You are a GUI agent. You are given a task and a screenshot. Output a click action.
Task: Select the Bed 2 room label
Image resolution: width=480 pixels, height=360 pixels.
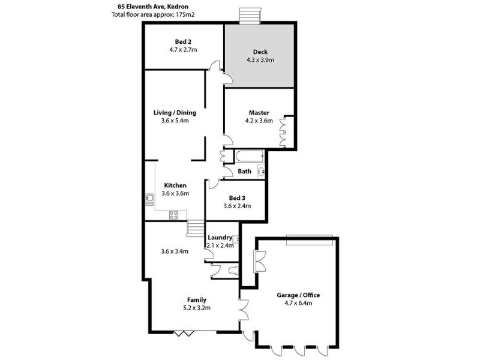click(x=183, y=41)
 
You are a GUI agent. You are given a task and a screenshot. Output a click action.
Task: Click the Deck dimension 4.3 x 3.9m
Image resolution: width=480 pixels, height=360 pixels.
click(x=260, y=60)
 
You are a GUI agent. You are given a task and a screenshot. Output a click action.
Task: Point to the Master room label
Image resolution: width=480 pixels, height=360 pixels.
click(x=259, y=112)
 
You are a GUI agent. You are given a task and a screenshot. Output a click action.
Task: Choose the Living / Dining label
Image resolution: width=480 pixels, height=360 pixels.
click(x=175, y=112)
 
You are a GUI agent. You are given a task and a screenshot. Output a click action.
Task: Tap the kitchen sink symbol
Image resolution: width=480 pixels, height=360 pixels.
click(x=150, y=198)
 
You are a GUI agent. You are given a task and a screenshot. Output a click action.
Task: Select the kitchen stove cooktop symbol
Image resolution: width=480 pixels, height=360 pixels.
click(x=174, y=214)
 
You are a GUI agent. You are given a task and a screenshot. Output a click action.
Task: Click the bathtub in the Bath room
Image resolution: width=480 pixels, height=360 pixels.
click(x=249, y=157)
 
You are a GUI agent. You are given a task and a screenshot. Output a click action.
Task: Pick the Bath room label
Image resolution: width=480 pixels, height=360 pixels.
click(x=245, y=171)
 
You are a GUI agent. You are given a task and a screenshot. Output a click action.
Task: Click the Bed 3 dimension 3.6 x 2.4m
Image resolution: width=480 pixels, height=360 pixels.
click(x=237, y=206)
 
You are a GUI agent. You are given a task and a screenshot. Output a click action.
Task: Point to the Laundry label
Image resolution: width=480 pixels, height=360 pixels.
click(x=220, y=238)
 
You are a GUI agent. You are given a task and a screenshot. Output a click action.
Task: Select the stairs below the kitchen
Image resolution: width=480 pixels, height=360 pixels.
click(x=196, y=229)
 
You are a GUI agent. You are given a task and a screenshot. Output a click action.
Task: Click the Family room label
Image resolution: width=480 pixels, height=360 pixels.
click(x=197, y=299)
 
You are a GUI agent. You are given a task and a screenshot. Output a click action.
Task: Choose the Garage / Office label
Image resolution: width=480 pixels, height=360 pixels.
click(x=298, y=295)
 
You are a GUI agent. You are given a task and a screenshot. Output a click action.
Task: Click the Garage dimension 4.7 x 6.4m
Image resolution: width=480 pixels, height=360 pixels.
click(x=298, y=304)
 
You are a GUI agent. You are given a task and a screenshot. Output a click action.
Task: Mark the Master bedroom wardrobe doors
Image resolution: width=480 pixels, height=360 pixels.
click(x=289, y=130)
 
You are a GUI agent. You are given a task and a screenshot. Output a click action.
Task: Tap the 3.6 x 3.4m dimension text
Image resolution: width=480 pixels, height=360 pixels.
click(x=175, y=251)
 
